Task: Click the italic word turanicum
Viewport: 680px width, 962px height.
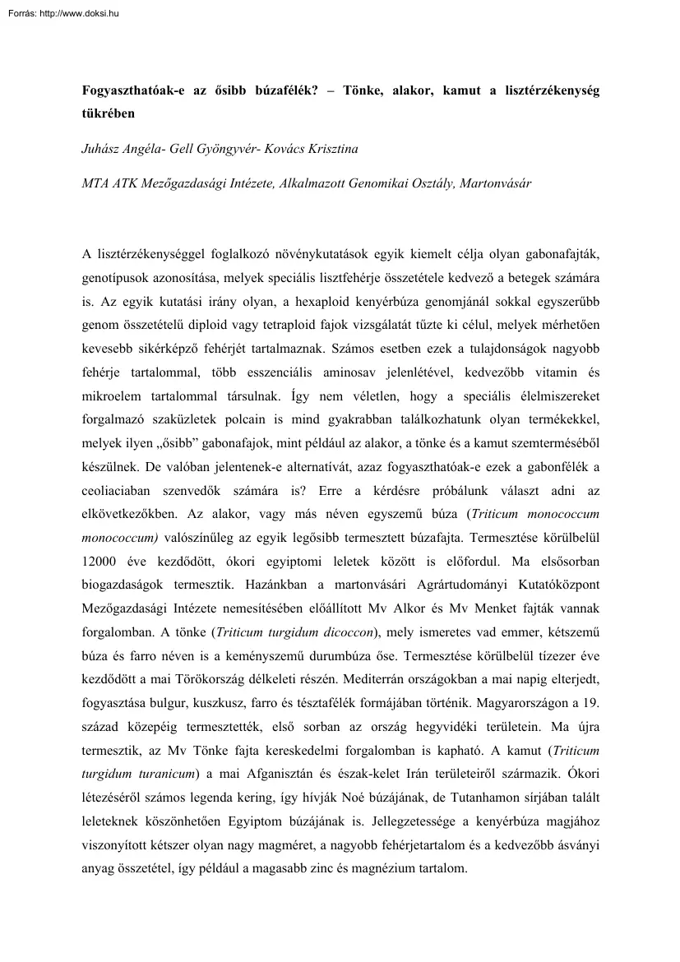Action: click(165, 775)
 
